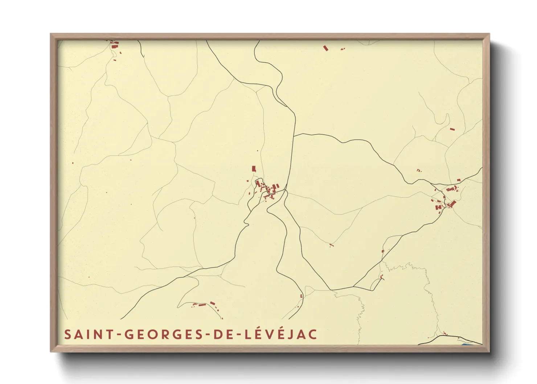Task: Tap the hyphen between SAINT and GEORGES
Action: pyautogui.click(x=119, y=335)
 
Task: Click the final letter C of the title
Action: pyautogui.click(x=313, y=334)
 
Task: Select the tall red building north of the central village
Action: pyautogui.click(x=254, y=168)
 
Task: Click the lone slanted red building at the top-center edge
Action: pyautogui.click(x=325, y=48)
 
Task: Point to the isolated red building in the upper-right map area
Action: pyautogui.click(x=452, y=129)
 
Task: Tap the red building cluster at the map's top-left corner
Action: pyautogui.click(x=114, y=45)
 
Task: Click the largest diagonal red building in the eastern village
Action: pyautogui.click(x=453, y=203)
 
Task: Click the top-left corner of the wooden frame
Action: pyautogui.click(x=51, y=34)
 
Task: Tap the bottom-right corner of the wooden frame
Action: pyautogui.click(x=489, y=351)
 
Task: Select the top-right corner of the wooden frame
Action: pyautogui.click(x=489, y=34)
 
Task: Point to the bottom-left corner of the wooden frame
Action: pyautogui.click(x=51, y=351)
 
